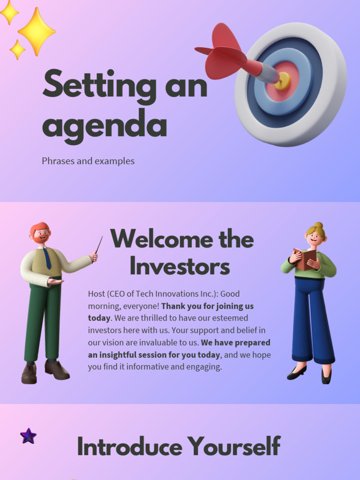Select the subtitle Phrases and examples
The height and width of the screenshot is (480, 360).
[88, 161]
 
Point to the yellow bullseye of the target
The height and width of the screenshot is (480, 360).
[283, 81]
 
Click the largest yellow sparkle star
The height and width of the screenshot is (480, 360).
[36, 31]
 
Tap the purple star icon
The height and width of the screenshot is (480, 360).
[28, 436]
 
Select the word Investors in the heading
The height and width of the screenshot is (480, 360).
[180, 267]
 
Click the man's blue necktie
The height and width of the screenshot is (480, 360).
[47, 258]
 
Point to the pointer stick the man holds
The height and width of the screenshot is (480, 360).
[98, 248]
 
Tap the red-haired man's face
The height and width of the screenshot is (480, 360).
[41, 235]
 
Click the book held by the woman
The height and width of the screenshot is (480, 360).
[305, 259]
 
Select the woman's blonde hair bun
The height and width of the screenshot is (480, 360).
[319, 226]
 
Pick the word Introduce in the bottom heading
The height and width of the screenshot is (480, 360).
[129, 446]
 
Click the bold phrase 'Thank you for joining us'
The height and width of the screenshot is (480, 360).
[207, 306]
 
